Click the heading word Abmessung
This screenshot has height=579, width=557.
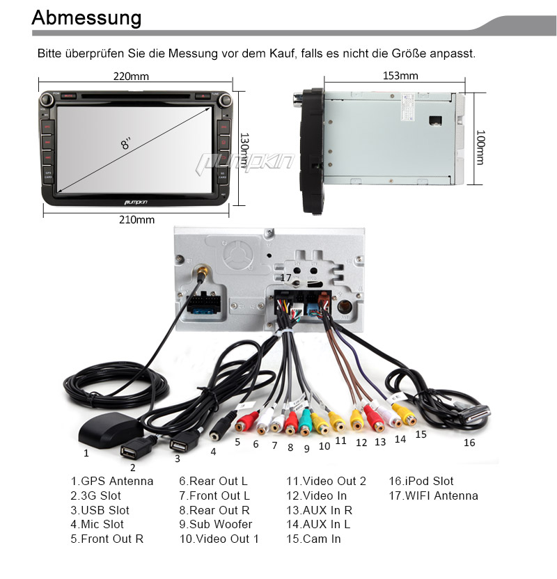pyautogui.click(x=87, y=17)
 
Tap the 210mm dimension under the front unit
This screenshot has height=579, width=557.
pyautogui.click(x=136, y=220)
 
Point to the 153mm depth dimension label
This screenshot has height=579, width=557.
pyautogui.click(x=400, y=76)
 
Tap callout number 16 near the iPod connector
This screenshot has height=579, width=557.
pyautogui.click(x=469, y=443)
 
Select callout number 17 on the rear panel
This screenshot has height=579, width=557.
pyautogui.click(x=285, y=278)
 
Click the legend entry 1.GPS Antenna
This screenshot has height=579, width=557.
pyautogui.click(x=111, y=481)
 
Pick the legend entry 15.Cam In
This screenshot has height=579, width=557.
pyautogui.click(x=313, y=539)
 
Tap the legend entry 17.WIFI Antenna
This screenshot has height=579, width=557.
pyautogui.click(x=433, y=495)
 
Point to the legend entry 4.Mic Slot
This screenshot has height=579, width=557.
pyautogui.click(x=97, y=524)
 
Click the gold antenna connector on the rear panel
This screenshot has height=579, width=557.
pyautogui.click(x=203, y=271)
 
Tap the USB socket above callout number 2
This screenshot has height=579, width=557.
pyautogui.click(x=132, y=452)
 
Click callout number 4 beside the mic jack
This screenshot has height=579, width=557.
pyautogui.click(x=213, y=451)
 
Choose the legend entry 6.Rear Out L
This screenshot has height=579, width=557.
pyautogui.click(x=213, y=481)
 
